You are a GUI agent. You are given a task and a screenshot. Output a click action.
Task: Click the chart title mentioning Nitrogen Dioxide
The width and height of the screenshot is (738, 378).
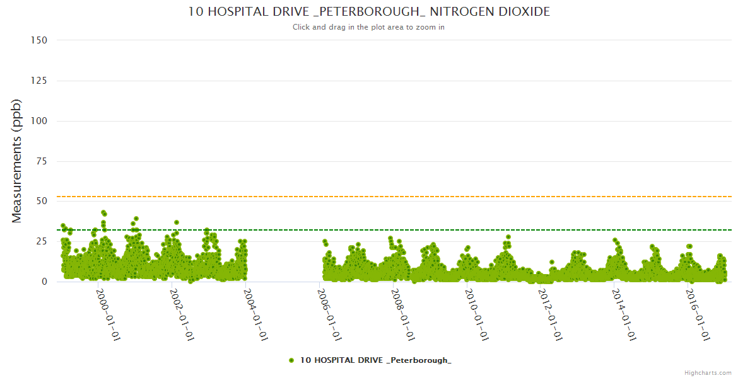(369, 11)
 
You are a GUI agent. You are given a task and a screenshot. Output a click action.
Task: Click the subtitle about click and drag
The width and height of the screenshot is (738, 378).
(369, 27)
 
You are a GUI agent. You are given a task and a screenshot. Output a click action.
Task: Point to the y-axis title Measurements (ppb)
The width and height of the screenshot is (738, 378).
(17, 161)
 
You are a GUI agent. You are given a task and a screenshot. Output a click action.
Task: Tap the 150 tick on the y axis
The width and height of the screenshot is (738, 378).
(38, 40)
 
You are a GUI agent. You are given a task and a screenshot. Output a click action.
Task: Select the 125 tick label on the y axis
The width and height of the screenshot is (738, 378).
(38, 81)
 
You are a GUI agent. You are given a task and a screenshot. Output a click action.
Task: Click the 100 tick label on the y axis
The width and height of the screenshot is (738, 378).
(38, 121)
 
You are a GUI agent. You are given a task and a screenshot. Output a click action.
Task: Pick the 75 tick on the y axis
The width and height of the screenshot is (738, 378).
(41, 161)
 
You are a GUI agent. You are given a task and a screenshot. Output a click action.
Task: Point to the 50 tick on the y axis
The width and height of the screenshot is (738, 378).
(41, 202)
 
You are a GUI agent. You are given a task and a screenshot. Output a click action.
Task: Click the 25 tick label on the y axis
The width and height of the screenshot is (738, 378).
(41, 242)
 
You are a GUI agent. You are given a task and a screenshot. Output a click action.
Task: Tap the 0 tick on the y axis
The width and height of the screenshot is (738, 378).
(44, 282)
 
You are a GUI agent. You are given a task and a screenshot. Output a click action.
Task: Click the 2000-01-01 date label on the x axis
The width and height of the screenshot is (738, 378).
(108, 315)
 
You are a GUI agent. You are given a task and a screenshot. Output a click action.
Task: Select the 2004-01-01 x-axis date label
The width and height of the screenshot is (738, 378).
(255, 315)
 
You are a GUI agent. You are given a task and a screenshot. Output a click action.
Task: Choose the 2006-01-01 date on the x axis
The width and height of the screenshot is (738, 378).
(329, 315)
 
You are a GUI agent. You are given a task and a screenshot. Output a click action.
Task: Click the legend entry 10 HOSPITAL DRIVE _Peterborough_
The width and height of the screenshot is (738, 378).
(376, 360)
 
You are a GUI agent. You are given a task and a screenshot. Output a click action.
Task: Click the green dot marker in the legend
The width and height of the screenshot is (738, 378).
(291, 360)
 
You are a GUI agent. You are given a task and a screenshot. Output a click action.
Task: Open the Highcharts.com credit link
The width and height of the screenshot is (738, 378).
(708, 372)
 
